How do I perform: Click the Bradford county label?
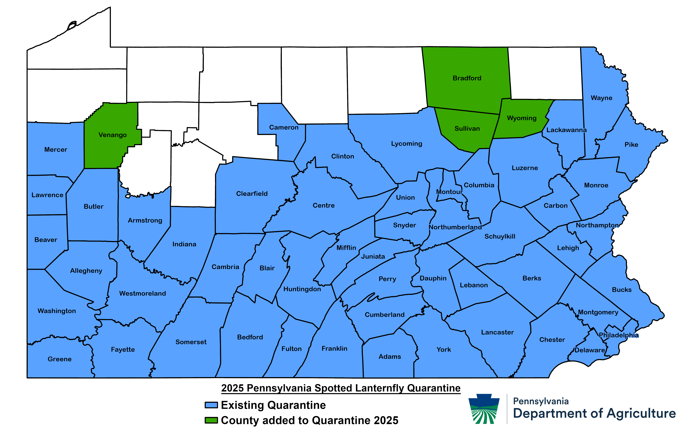(x=467, y=78)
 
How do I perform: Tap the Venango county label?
(x=113, y=135)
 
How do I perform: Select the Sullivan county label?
(x=467, y=129)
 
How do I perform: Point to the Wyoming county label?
(x=522, y=118)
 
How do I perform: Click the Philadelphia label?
(x=619, y=335)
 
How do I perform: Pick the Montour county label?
(x=449, y=192)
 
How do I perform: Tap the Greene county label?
(x=60, y=359)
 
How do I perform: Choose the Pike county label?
(x=631, y=145)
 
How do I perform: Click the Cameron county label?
(x=284, y=127)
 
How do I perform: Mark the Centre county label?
(x=323, y=205)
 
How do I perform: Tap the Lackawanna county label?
(x=566, y=130)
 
